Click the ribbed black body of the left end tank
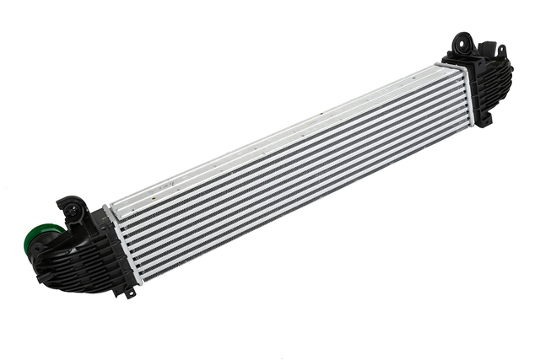[x=89, y=257]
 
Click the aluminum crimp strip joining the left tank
[x=117, y=244]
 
